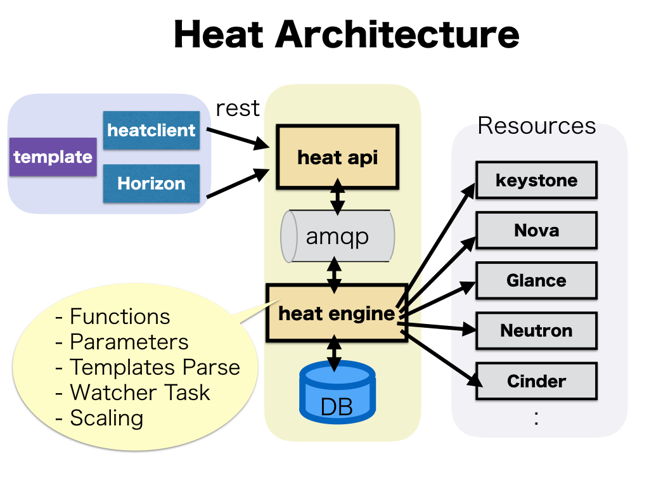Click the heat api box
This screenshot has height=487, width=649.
coord(337,157)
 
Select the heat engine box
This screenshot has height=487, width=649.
coord(337,313)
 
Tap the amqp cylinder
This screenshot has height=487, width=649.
coord(337,236)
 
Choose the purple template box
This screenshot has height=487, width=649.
coord(53,157)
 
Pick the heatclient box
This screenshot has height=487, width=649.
coord(151,131)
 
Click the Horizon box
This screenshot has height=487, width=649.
coord(151,184)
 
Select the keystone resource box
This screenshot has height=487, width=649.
coord(536,180)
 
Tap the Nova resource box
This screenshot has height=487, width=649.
coord(536,230)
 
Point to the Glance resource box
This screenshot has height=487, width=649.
coord(536,280)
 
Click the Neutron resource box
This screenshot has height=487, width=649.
coord(536,330)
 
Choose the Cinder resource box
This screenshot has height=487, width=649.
coord(536,381)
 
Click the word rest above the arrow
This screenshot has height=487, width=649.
coord(238,108)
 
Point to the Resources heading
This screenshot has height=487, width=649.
coord(536,126)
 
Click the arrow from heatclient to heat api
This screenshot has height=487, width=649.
coord(236,138)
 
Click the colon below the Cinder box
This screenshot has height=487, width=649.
coord(536,418)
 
